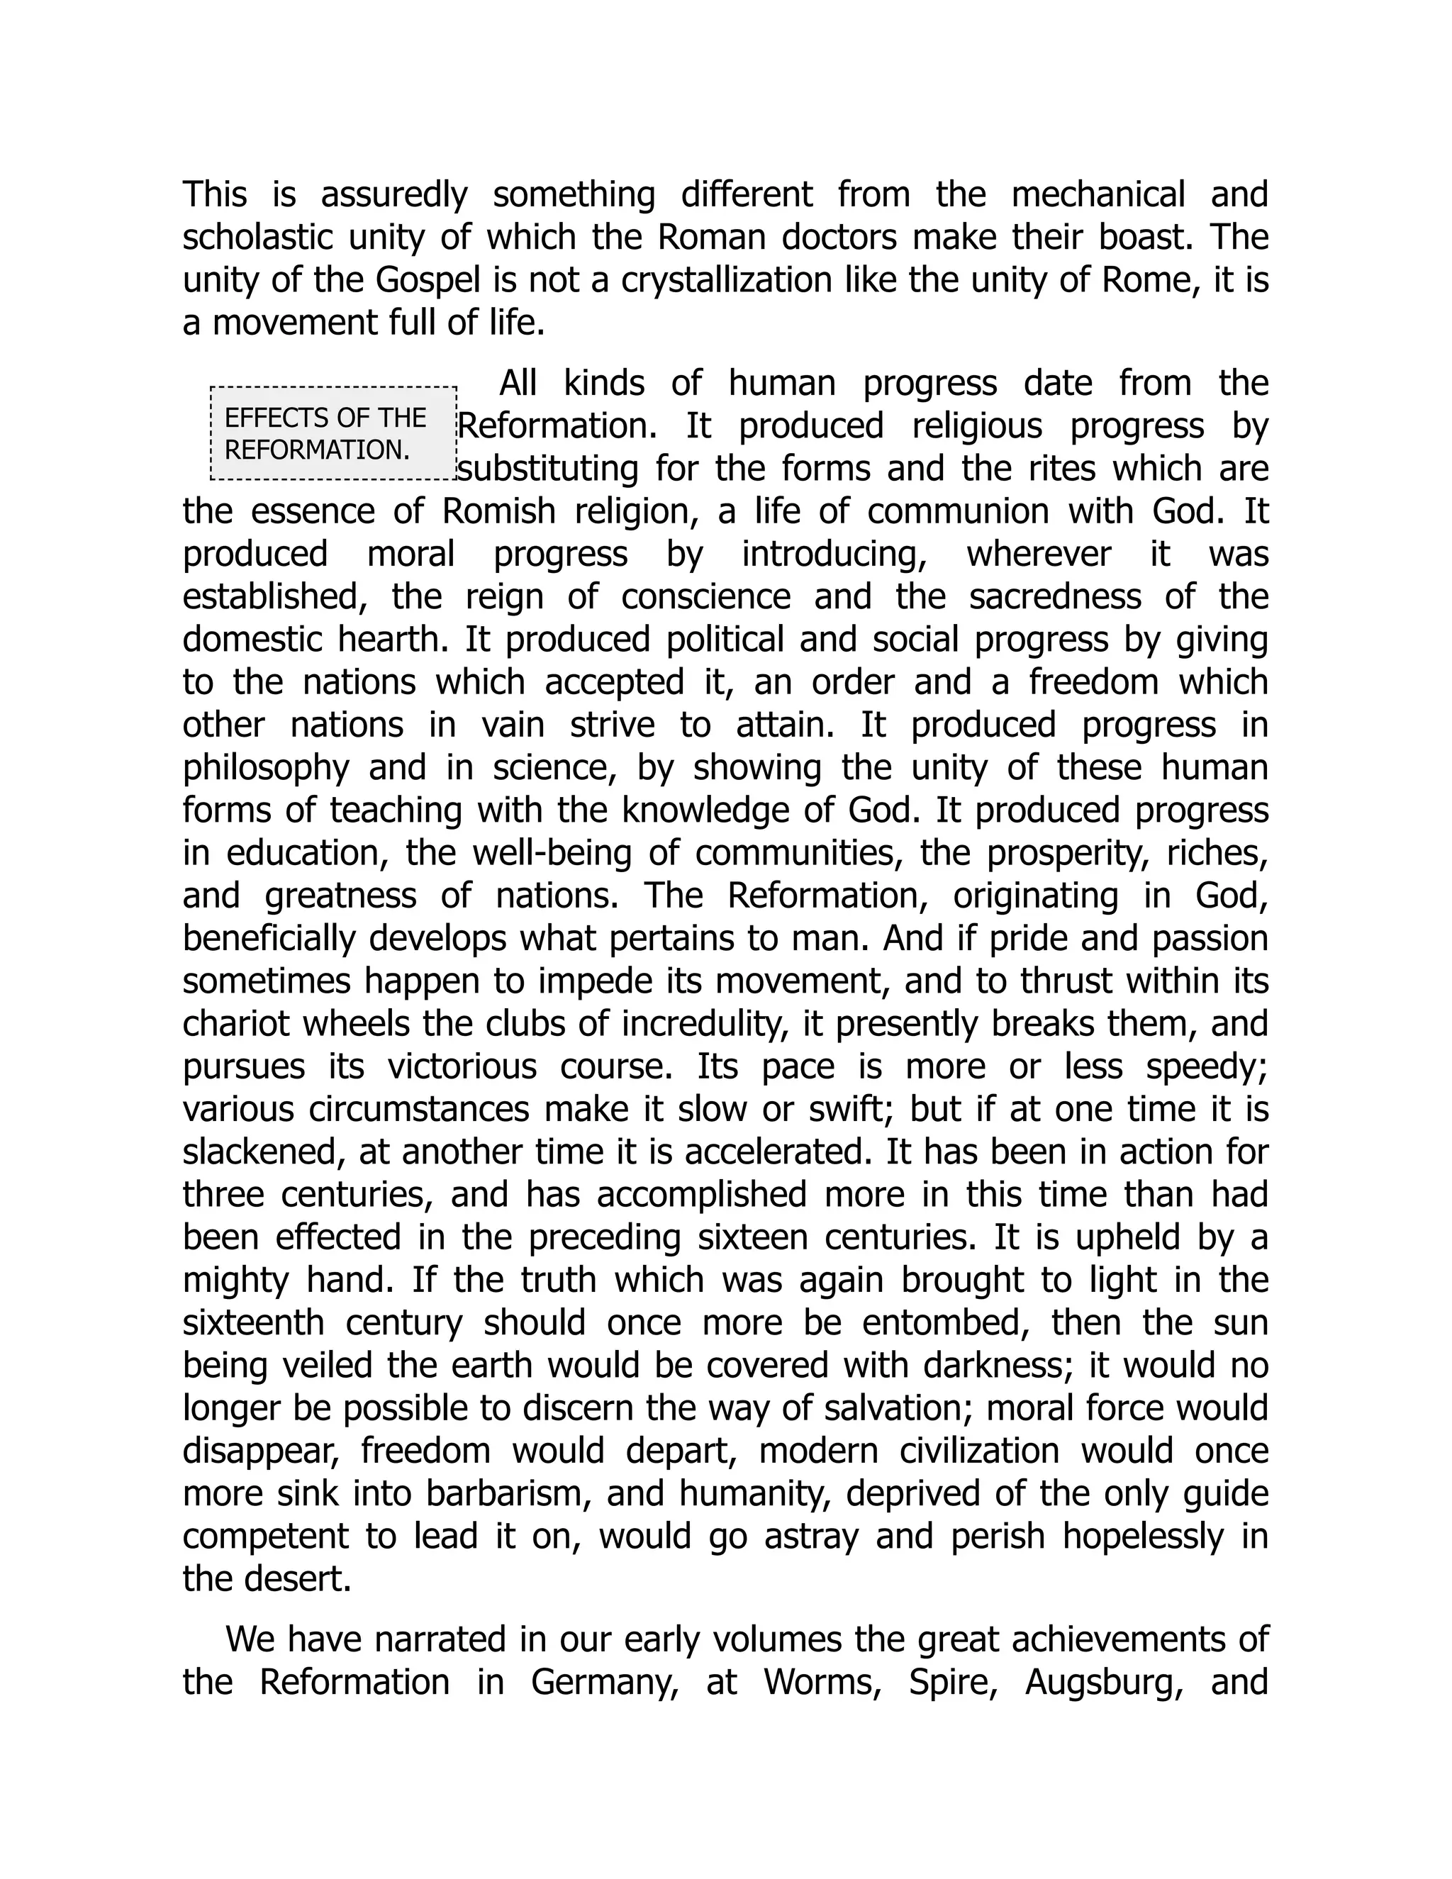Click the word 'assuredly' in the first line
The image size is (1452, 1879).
[x=394, y=195]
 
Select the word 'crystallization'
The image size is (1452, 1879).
[x=727, y=281]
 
